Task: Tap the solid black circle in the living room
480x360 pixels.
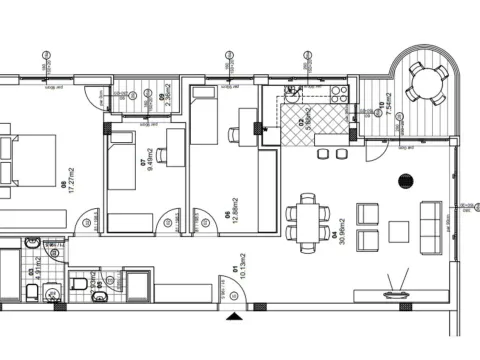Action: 406,181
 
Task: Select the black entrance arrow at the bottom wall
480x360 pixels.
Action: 234,317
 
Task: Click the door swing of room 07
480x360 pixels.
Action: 89,220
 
